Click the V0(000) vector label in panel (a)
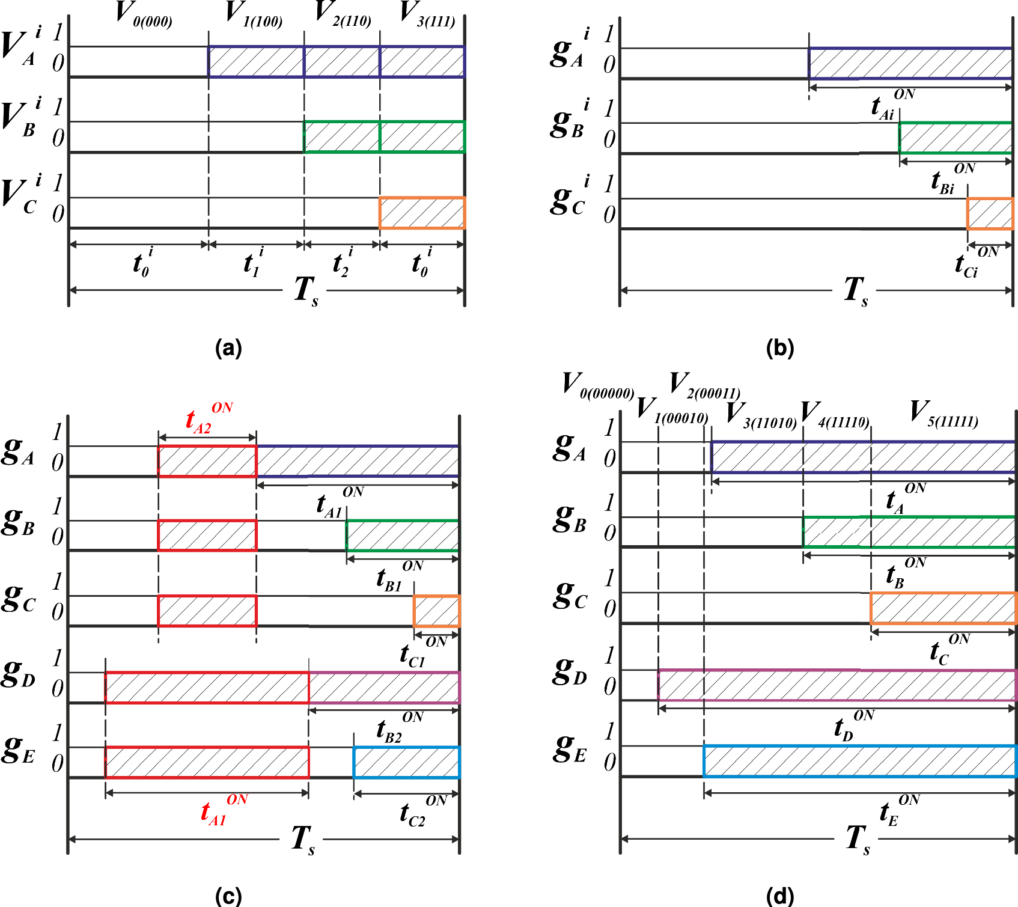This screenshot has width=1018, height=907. coord(143,14)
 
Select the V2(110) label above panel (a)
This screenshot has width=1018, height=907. coord(343,14)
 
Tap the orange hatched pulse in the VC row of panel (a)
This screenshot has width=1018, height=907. coord(422,213)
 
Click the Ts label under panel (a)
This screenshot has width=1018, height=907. coord(305,291)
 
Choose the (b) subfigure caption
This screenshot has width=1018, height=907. coord(780,348)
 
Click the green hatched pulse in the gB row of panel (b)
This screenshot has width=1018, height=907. coord(956,138)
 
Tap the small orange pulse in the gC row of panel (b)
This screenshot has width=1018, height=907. coord(990,213)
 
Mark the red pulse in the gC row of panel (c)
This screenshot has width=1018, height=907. coord(207,611)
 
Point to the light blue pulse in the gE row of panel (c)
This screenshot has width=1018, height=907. coord(406,762)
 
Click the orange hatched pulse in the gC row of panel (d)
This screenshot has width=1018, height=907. coord(943,608)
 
